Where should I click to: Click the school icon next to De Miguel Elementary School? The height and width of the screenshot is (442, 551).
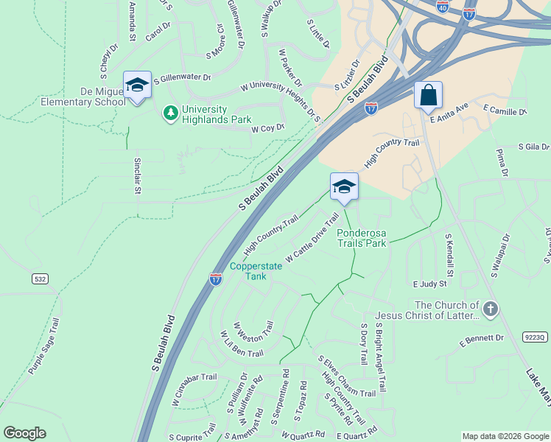[x=137, y=85]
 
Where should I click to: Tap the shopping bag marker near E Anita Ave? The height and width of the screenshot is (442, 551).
[x=428, y=96]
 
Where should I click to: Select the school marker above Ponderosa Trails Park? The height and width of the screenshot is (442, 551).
[x=343, y=187]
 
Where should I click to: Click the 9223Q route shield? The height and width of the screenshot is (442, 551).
[x=535, y=337]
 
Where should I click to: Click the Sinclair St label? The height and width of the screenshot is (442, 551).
[x=137, y=175]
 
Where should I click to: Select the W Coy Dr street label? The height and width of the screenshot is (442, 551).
[x=267, y=128]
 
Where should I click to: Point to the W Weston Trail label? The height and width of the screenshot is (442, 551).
[x=253, y=335]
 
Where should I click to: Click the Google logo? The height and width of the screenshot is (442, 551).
[x=24, y=433]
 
